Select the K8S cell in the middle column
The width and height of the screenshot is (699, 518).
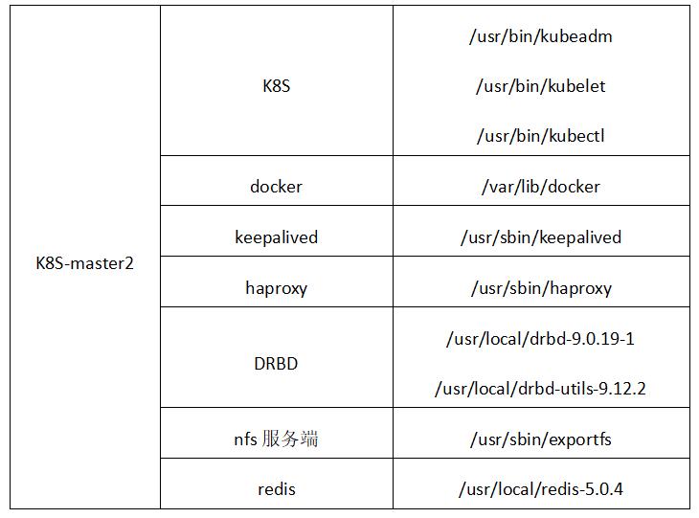click(276, 86)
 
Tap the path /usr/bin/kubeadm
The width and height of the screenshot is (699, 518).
click(540, 36)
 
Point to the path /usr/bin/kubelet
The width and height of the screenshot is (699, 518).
click(540, 86)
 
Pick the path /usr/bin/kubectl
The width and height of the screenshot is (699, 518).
click(540, 136)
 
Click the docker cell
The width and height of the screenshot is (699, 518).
click(276, 187)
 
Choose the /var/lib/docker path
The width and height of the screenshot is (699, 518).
click(540, 187)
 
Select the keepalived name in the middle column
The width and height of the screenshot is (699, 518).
click(276, 237)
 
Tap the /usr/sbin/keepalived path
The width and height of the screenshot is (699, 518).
click(540, 237)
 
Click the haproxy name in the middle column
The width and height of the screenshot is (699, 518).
click(276, 288)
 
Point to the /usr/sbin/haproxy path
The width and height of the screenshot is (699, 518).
click(540, 288)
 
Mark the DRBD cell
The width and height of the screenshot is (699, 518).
click(276, 364)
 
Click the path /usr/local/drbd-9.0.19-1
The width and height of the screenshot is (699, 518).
click(540, 339)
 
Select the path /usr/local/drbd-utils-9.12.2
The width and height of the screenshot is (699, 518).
click(540, 389)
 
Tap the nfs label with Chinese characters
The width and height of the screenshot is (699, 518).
click(276, 439)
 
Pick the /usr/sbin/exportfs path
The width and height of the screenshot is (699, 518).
click(540, 439)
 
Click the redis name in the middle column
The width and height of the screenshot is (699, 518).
click(276, 489)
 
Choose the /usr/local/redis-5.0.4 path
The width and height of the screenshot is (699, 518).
click(540, 489)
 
